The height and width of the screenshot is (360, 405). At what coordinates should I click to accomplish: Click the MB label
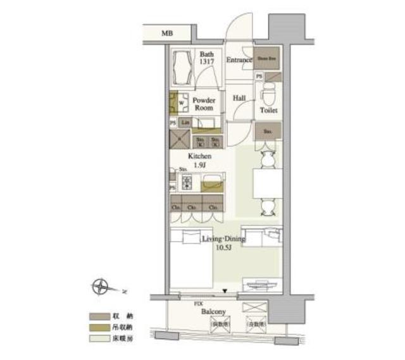[166, 33]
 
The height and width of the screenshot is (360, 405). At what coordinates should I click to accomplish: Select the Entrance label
[239, 60]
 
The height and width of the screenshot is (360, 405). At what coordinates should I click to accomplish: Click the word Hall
[239, 98]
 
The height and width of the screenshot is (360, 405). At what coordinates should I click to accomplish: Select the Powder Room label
[204, 104]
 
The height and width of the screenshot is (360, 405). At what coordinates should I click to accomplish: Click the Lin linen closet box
[186, 122]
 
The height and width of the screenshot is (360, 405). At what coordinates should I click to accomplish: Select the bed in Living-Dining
[190, 263]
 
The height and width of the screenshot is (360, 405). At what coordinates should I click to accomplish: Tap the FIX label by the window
[197, 304]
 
